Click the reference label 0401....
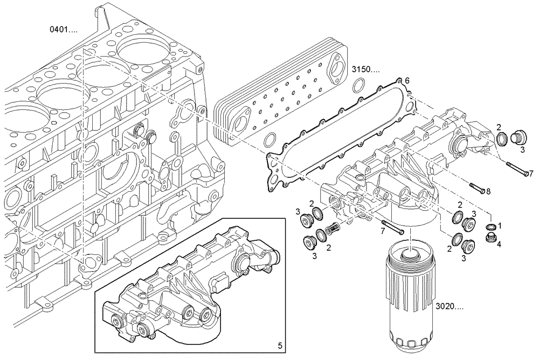click(x=63, y=30)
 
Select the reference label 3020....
click(x=449, y=306)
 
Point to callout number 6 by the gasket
click(x=407, y=80)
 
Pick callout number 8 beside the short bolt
click(x=488, y=191)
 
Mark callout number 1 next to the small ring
click(x=500, y=226)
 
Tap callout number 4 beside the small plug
click(x=500, y=244)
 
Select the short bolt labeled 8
click(x=476, y=188)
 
